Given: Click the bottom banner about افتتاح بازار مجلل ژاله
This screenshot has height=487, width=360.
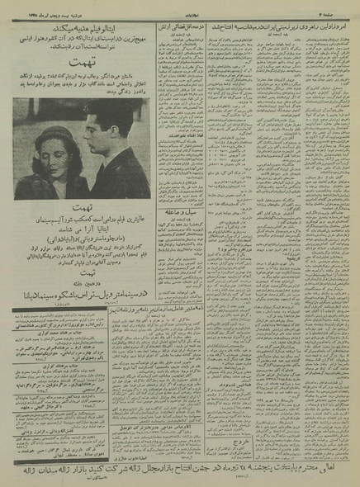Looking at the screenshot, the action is tap(182, 469).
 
